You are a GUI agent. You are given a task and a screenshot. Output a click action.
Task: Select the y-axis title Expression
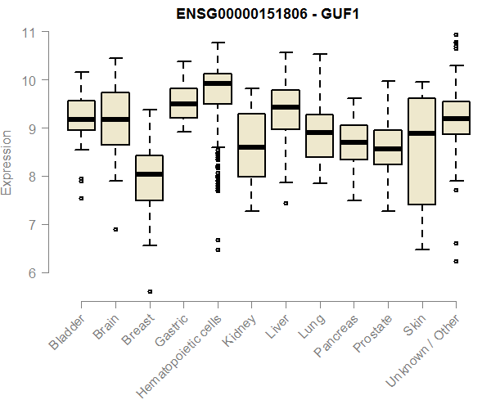pyautogui.click(x=7, y=162)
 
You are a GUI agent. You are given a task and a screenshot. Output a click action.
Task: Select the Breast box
pyautogui.click(x=149, y=178)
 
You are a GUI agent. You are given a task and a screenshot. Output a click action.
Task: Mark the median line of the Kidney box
pyautogui.click(x=251, y=147)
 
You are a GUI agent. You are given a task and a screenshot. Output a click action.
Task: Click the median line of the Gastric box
pyautogui.click(x=183, y=104)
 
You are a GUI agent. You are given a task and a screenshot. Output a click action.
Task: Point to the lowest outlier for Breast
pyautogui.click(x=149, y=291)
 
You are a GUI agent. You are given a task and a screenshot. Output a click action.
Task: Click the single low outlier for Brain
pyautogui.click(x=115, y=230)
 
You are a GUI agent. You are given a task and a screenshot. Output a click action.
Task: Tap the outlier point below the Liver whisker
pyautogui.click(x=286, y=203)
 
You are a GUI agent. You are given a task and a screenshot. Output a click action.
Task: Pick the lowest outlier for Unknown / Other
pyautogui.click(x=456, y=261)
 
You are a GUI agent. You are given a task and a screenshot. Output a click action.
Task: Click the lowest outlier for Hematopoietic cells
pyautogui.click(x=218, y=249)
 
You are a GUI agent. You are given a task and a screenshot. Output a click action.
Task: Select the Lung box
pyautogui.click(x=319, y=136)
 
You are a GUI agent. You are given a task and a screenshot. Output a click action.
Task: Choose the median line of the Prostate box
pyautogui.click(x=388, y=149)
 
